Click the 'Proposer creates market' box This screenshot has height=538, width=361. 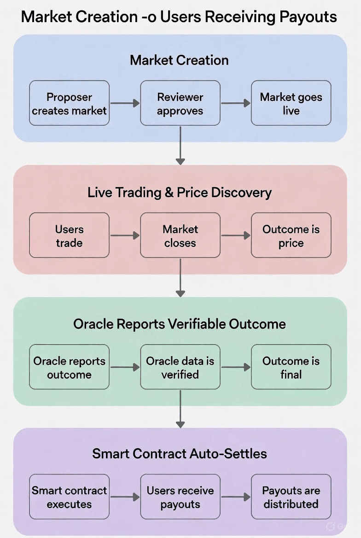click(x=69, y=104)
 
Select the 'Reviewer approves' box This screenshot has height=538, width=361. click(x=180, y=104)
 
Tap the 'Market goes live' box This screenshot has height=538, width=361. click(x=291, y=104)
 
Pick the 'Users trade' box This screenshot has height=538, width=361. click(x=69, y=235)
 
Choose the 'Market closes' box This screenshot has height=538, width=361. click(x=180, y=235)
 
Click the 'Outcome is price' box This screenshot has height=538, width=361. click(x=291, y=235)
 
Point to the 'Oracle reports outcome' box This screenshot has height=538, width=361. click(x=69, y=367)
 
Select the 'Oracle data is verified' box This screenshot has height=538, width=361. click(x=180, y=367)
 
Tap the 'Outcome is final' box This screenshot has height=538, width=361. click(x=291, y=367)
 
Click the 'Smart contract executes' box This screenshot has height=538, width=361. click(x=69, y=497)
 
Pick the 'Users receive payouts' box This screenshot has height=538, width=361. click(x=180, y=497)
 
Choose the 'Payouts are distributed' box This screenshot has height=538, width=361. click(x=291, y=497)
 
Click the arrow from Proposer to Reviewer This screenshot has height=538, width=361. click(x=125, y=103)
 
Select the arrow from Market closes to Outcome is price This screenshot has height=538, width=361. click(x=236, y=235)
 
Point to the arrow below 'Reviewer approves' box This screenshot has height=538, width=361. click(x=180, y=145)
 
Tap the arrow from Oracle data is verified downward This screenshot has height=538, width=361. click(x=180, y=409)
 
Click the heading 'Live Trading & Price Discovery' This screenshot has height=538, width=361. click(x=180, y=193)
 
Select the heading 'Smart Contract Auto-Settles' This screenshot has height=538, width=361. click(x=180, y=454)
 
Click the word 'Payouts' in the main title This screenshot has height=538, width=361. click(x=308, y=17)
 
